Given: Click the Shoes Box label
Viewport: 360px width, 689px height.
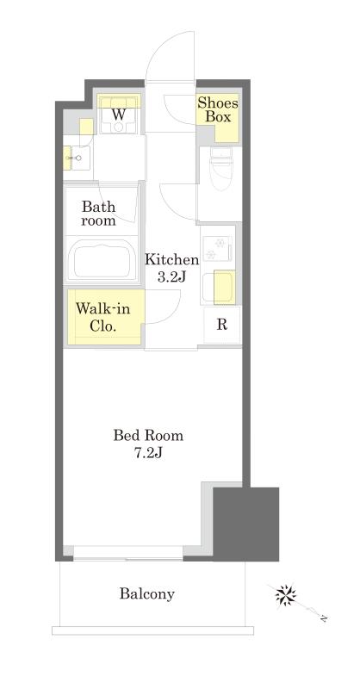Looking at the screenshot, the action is pyautogui.click(x=217, y=110).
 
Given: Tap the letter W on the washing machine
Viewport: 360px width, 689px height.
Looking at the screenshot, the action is pyautogui.click(x=118, y=115).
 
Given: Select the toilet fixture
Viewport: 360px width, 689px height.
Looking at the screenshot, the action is pyautogui.click(x=221, y=168).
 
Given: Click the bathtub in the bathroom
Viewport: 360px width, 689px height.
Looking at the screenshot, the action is pyautogui.click(x=102, y=261).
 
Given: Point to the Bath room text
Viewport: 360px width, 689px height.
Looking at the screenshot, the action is pyautogui.click(x=98, y=213).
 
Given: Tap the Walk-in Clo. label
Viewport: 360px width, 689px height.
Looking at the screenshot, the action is pyautogui.click(x=102, y=317).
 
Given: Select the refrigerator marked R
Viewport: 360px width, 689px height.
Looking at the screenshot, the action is pyautogui.click(x=222, y=326).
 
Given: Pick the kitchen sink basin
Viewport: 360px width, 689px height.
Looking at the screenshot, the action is pyautogui.click(x=218, y=288).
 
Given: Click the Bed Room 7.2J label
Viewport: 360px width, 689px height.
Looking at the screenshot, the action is pyautogui.click(x=149, y=444).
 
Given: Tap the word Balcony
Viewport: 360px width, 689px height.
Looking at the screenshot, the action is pyautogui.click(x=146, y=594).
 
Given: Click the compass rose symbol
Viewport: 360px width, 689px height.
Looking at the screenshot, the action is pyautogui.click(x=285, y=595).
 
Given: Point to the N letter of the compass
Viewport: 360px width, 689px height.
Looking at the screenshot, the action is pyautogui.click(x=323, y=618).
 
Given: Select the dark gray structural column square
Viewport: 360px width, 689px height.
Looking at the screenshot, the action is pyautogui.click(x=245, y=524).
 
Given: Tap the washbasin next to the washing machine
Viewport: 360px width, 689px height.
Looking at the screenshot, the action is pyautogui.click(x=79, y=158).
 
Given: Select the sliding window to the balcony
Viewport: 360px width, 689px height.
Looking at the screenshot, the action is pyautogui.click(x=128, y=553).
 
